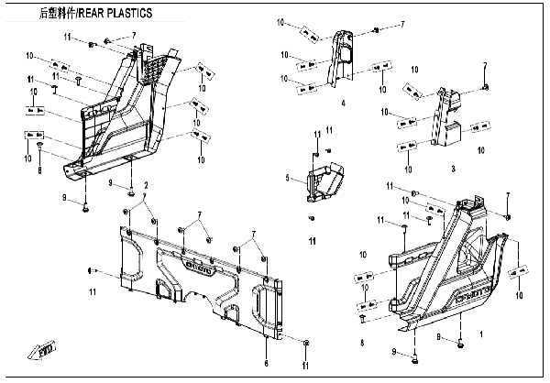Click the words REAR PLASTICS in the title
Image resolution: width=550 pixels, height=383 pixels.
click(x=117, y=13)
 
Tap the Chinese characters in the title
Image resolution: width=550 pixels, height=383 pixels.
click(x=59, y=13)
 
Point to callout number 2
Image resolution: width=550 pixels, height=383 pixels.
click(x=145, y=186)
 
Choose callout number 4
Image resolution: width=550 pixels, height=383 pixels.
click(x=343, y=104)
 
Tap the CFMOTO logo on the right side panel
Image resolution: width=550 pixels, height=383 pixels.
click(x=474, y=295)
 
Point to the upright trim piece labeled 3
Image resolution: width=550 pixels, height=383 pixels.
click(x=450, y=119)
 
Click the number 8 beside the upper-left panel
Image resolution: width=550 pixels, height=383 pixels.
click(x=39, y=170)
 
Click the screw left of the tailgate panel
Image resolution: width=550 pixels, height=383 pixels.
click(x=92, y=270)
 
